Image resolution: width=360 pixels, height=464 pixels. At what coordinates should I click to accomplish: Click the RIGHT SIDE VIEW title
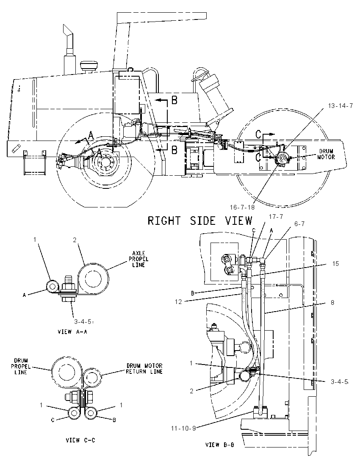[x=200, y=221]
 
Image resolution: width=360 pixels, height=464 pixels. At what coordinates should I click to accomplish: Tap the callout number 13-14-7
[x=340, y=106]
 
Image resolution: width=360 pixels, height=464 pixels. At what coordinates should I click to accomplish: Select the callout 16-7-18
[x=242, y=207]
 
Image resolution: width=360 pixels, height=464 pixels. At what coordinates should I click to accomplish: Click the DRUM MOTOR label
[x=326, y=154]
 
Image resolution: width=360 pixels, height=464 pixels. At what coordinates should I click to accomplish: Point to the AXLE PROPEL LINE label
[x=138, y=259]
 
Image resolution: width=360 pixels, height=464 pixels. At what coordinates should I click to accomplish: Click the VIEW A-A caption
[x=72, y=332]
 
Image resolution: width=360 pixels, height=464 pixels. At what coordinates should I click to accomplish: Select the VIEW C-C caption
[x=80, y=440]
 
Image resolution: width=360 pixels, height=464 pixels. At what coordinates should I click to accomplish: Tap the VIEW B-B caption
[x=220, y=445]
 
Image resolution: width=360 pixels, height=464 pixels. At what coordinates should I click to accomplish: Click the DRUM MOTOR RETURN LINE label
[x=144, y=369]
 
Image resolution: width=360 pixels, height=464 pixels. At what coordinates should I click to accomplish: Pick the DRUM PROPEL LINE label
[x=21, y=366]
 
